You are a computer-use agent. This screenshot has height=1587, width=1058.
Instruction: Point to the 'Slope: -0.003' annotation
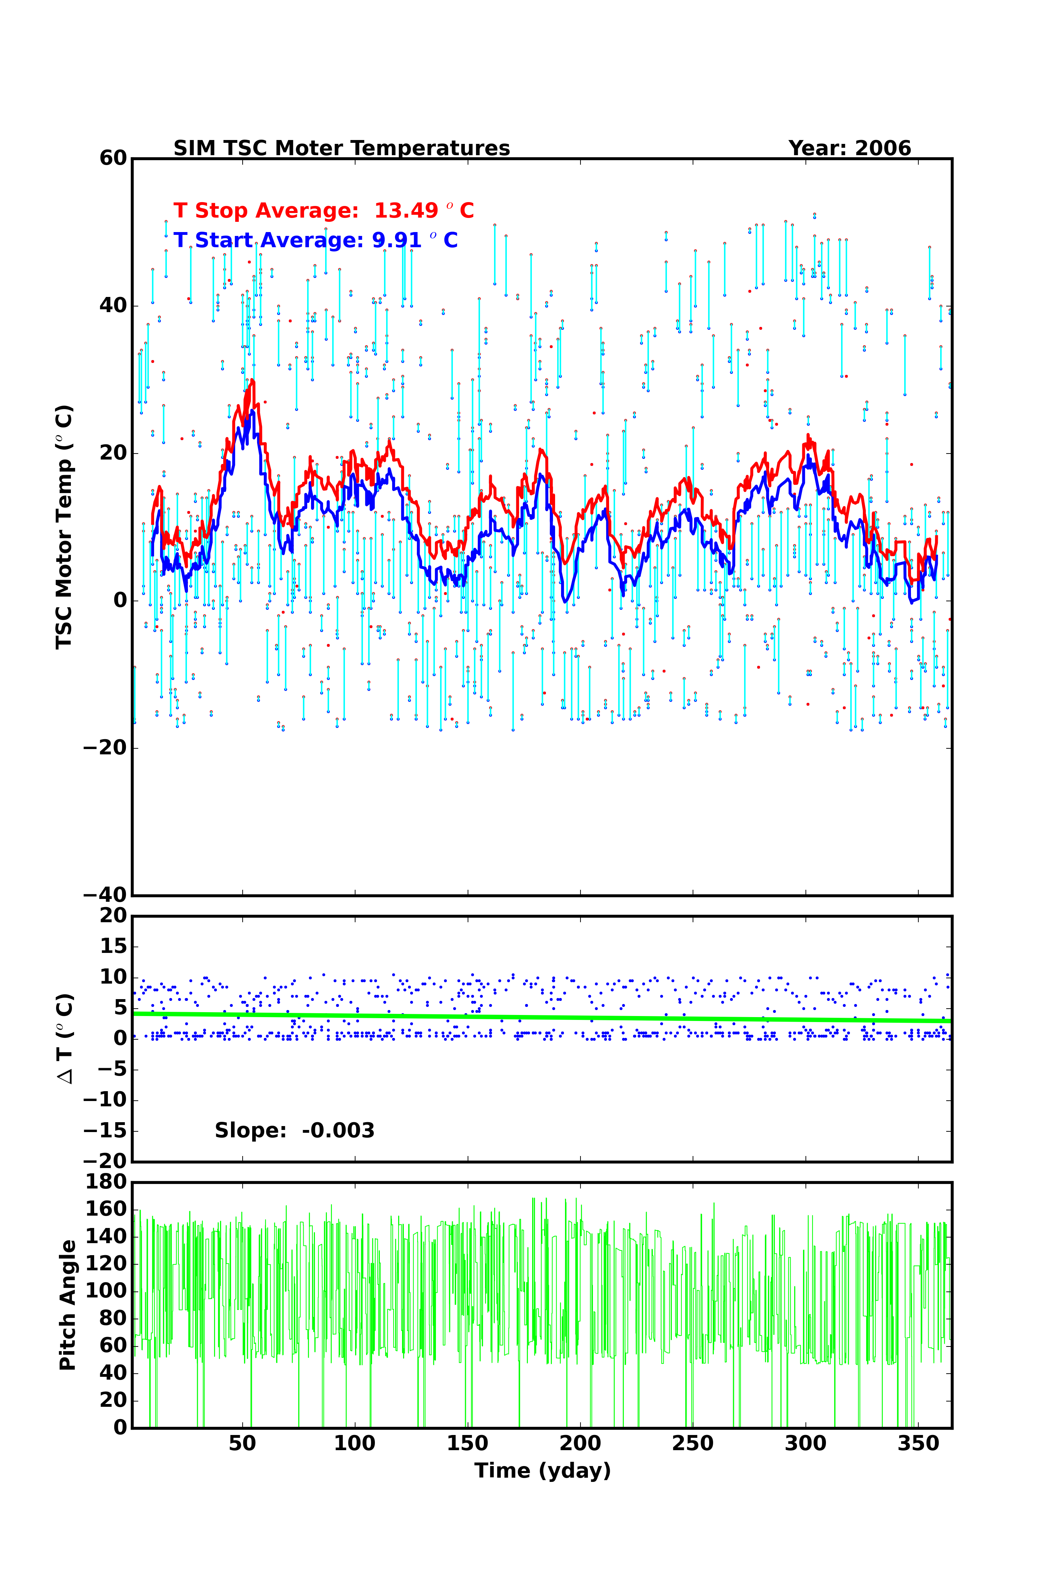(294, 1130)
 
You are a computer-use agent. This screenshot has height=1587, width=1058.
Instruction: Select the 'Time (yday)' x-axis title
(542, 1470)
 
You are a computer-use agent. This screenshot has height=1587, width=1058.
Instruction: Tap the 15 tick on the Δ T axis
(113, 946)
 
